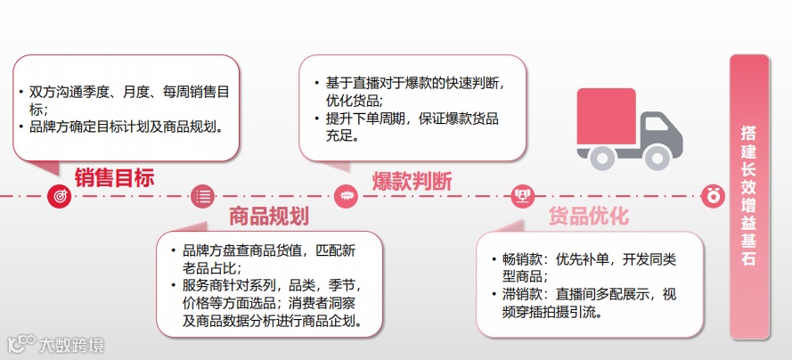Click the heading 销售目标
(x=114, y=178)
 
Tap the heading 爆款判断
(x=412, y=180)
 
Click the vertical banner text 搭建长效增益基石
(x=748, y=196)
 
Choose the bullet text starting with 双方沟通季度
(x=129, y=98)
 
